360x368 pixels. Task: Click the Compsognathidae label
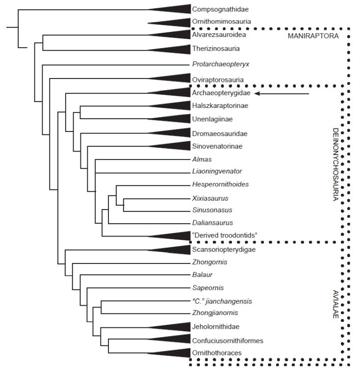pyautogui.click(x=220, y=9)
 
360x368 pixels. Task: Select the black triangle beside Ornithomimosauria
pyautogui.click(x=174, y=23)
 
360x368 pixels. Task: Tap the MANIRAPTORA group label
pyautogui.click(x=313, y=36)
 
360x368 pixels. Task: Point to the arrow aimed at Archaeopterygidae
pyautogui.click(x=282, y=94)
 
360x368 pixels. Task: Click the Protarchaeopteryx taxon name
pyautogui.click(x=220, y=64)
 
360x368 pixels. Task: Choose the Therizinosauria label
pyautogui.click(x=216, y=49)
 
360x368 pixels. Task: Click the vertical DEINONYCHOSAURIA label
pyautogui.click(x=335, y=164)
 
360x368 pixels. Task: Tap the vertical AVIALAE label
pyautogui.click(x=335, y=304)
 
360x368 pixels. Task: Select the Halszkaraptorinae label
pyautogui.click(x=220, y=105)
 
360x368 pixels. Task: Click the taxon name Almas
pyautogui.click(x=202, y=159)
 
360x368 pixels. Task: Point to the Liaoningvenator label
pyautogui.click(x=217, y=171)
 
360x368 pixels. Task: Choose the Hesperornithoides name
pyautogui.click(x=220, y=184)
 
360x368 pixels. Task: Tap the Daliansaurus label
pyautogui.click(x=212, y=222)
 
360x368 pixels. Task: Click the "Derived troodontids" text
pyautogui.click(x=225, y=235)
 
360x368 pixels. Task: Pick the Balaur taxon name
pyautogui.click(x=202, y=275)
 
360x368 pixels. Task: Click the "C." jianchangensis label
pyautogui.click(x=222, y=301)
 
